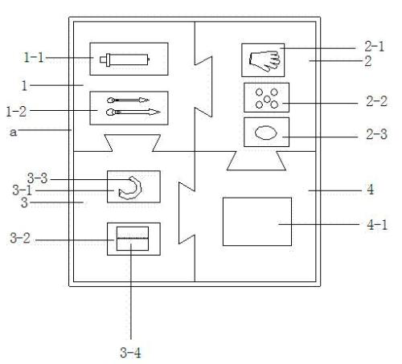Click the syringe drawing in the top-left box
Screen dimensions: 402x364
tap(125, 59)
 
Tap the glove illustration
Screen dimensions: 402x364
tap(265, 61)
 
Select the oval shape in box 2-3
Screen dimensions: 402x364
tap(265, 133)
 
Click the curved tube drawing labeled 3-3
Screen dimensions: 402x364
tap(130, 187)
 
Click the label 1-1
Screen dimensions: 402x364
tap(34, 57)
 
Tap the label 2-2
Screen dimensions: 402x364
tap(377, 101)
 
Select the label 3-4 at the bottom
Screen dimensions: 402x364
tap(130, 353)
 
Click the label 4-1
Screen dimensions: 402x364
tap(377, 224)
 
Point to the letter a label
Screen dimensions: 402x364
tap(13, 132)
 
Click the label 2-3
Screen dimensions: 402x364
tap(377, 134)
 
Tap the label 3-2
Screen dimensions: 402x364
tap(20, 238)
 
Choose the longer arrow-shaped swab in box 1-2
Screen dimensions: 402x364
tap(133, 112)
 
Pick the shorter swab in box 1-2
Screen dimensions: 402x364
tap(128, 100)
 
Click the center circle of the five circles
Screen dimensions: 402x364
tap(267, 99)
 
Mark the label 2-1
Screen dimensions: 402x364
tap(375, 47)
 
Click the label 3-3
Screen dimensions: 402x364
tap(38, 178)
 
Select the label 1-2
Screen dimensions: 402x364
tap(16, 112)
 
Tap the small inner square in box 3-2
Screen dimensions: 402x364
tap(133, 239)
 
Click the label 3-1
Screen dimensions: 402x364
tap(23, 190)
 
